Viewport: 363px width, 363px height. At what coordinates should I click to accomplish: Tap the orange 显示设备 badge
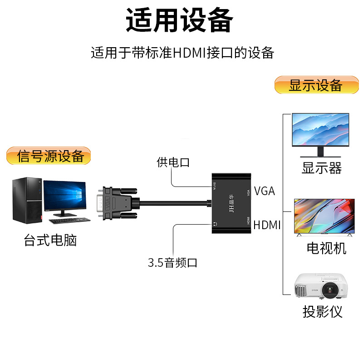[316, 85]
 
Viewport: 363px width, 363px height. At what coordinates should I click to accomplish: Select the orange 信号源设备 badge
[49, 156]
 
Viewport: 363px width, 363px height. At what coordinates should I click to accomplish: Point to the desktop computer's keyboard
[69, 221]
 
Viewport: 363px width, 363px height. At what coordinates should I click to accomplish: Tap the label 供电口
[173, 162]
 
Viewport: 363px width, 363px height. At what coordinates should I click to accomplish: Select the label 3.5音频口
[173, 263]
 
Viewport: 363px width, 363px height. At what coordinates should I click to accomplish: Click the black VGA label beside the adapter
[265, 191]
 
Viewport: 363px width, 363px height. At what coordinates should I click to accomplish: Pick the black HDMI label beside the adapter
[267, 225]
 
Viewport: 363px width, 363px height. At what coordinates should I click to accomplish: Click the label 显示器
[321, 168]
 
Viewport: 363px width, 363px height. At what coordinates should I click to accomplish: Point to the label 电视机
[326, 248]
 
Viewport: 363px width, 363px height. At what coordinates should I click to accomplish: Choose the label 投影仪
[322, 312]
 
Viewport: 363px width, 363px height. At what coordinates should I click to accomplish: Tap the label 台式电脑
[50, 240]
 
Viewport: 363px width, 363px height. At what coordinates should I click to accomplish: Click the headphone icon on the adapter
[215, 223]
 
